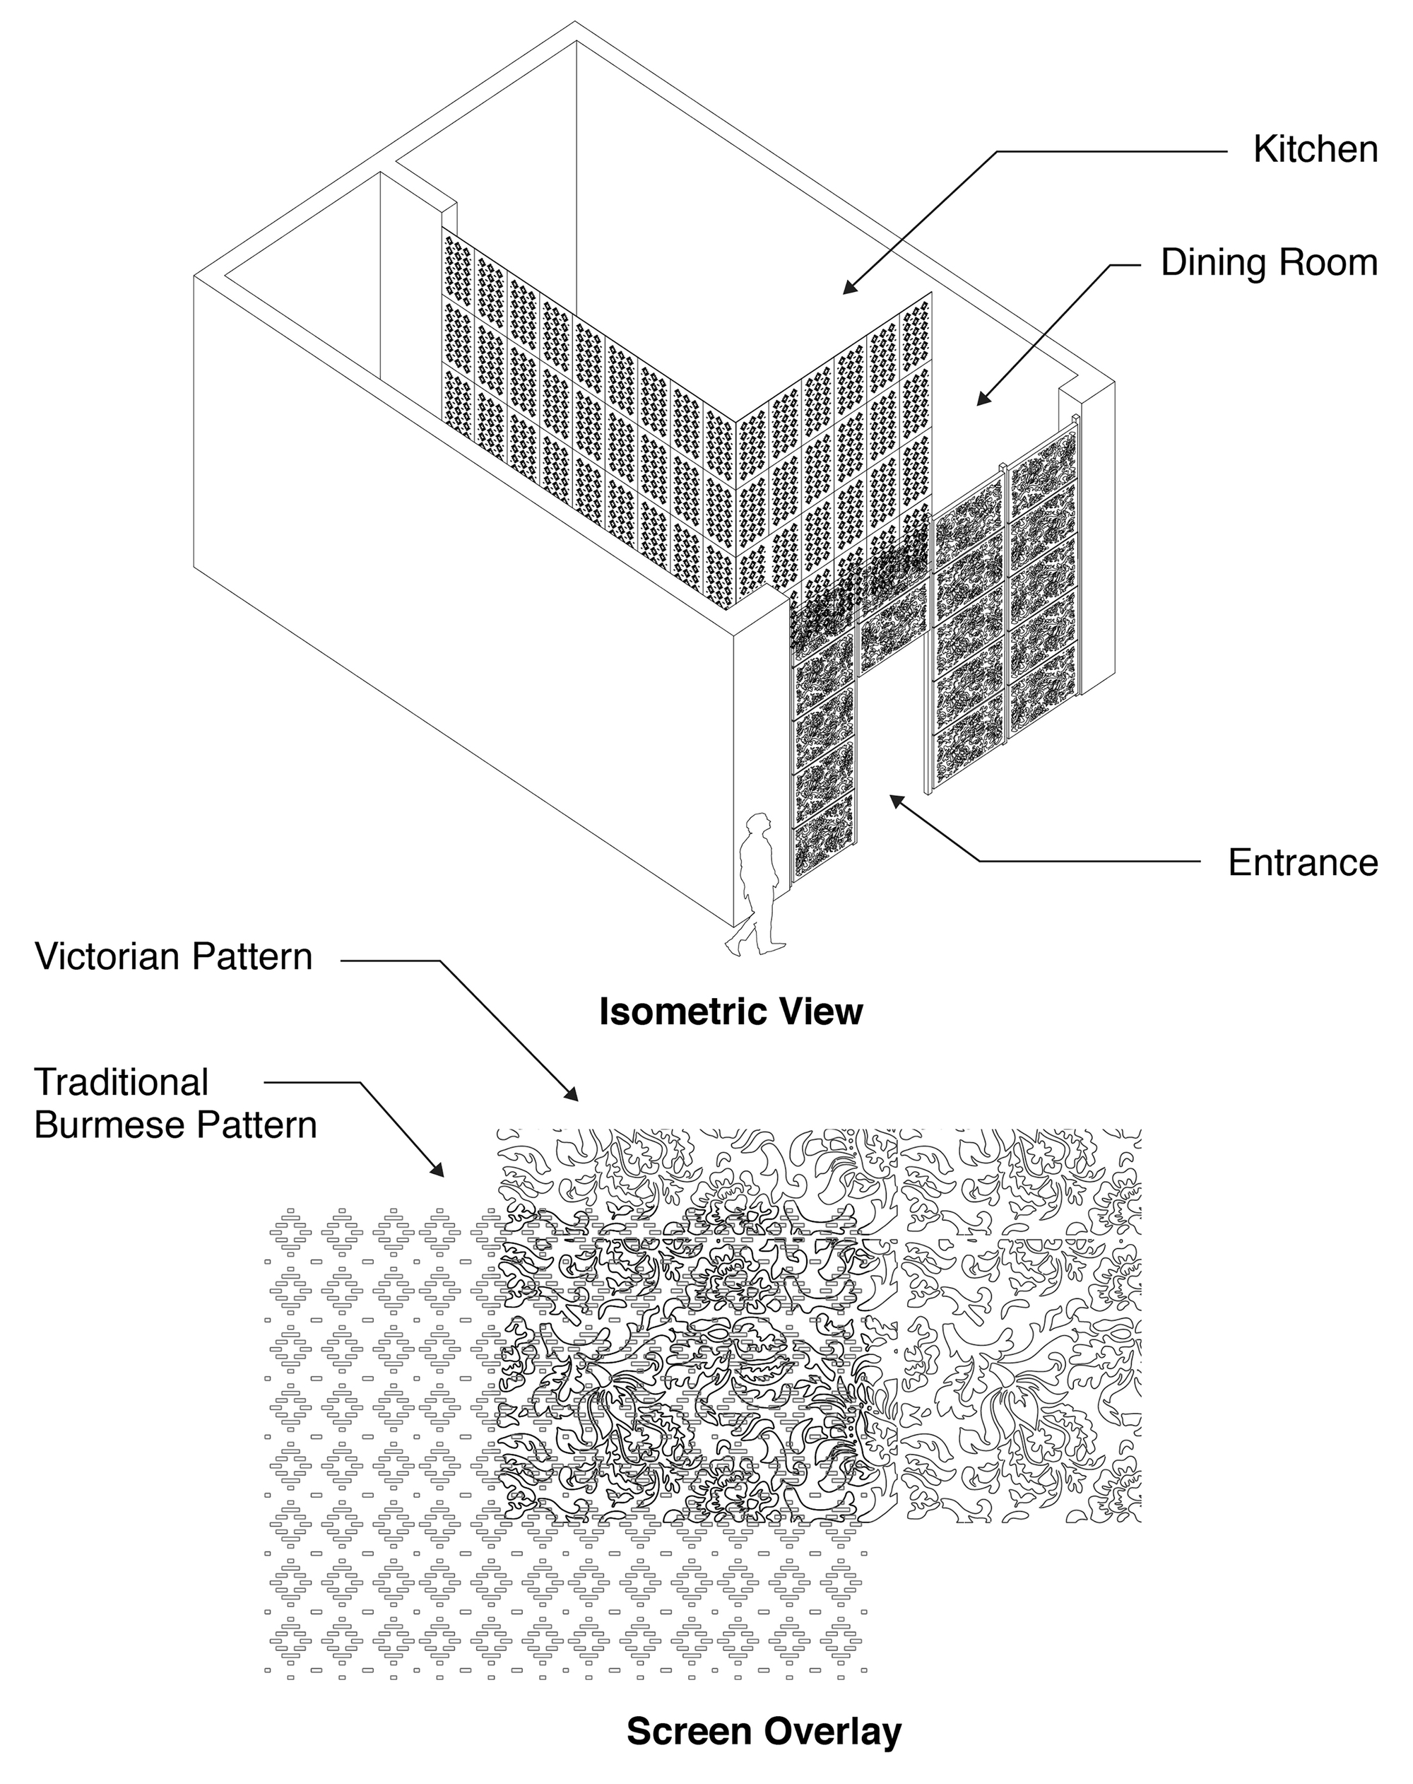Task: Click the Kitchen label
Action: [1316, 150]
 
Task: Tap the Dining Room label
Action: [1269, 263]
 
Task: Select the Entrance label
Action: [1303, 862]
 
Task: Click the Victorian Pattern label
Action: [174, 957]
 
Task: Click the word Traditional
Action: [122, 1082]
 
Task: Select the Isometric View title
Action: [731, 1012]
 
